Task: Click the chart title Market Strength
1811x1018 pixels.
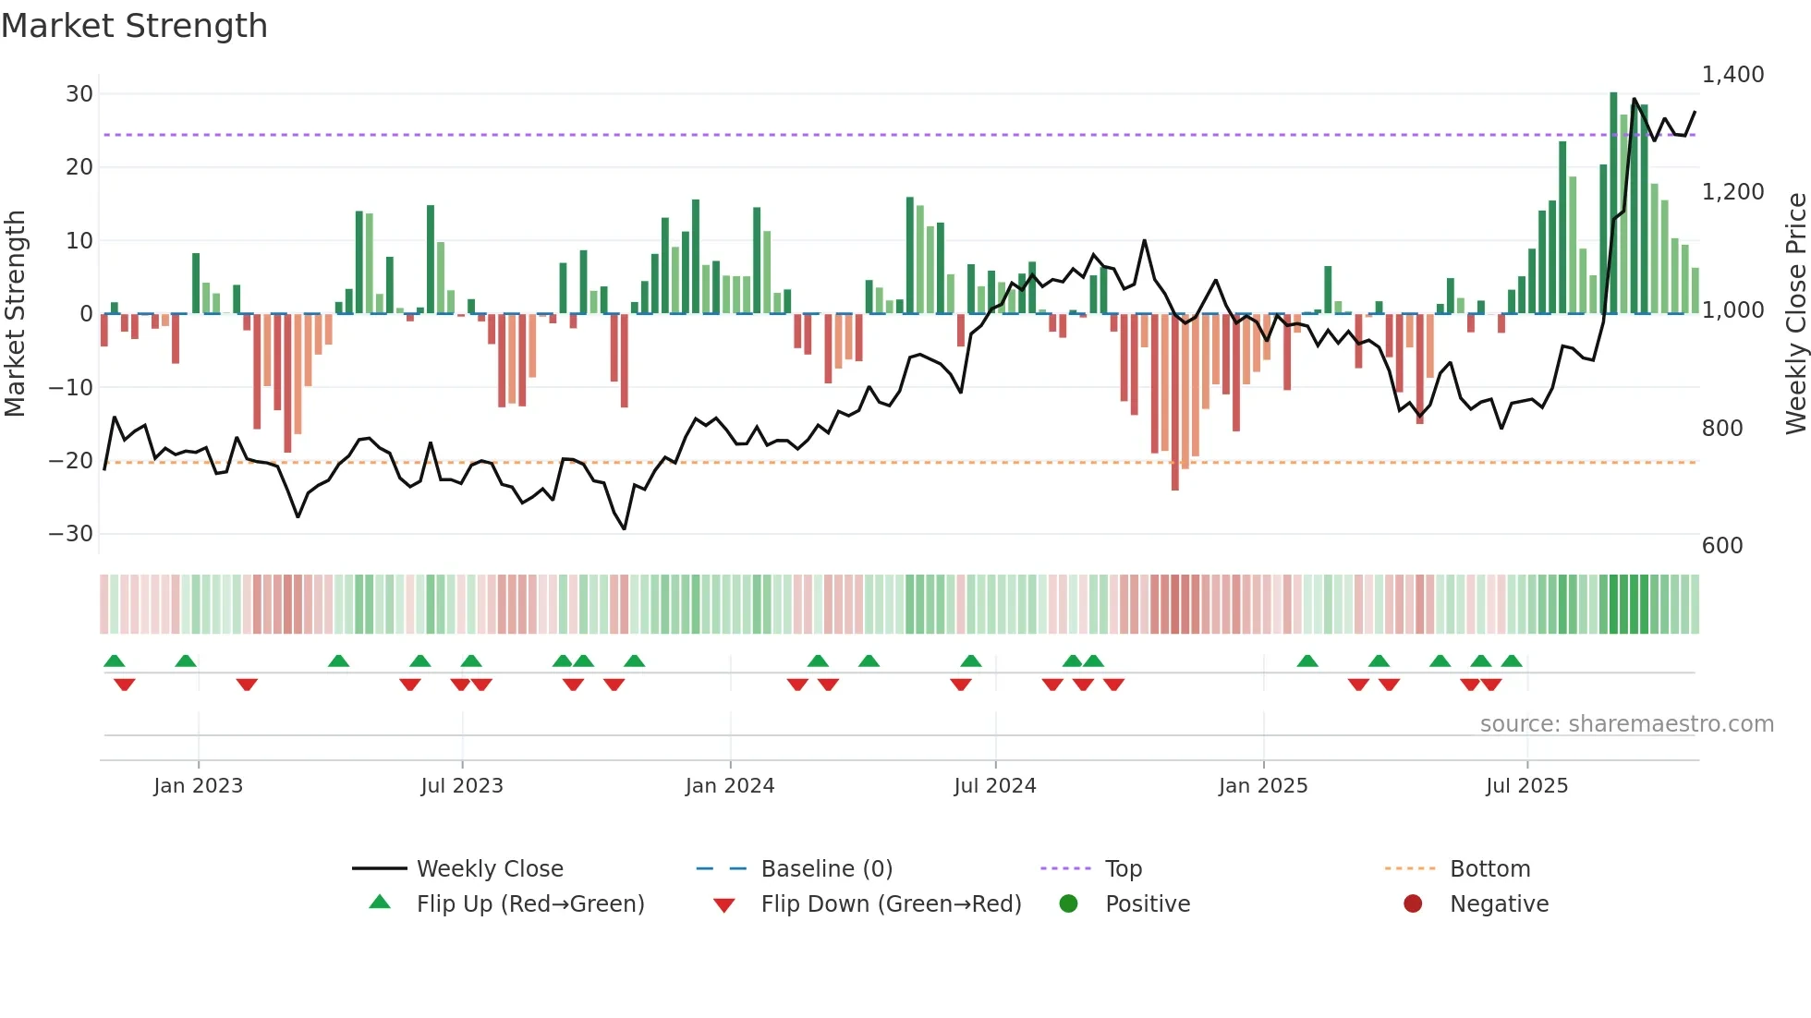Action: [134, 26]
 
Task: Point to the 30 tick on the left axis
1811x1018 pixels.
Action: [79, 94]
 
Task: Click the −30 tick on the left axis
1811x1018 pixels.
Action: [71, 534]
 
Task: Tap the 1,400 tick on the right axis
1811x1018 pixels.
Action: [1732, 75]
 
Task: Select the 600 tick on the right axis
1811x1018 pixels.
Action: [1722, 546]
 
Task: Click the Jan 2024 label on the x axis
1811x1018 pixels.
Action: [729, 786]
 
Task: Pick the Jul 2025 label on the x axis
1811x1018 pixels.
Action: [1526, 786]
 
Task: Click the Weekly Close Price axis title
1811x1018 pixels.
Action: [1795, 314]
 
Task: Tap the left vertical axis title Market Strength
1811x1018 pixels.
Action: [16, 314]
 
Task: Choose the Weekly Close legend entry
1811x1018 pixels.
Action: [489, 869]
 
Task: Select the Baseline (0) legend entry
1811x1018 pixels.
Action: [826, 869]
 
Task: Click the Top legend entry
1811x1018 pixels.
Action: [1124, 869]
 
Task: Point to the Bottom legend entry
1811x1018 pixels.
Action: [1489, 869]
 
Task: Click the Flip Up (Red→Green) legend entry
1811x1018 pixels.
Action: [529, 904]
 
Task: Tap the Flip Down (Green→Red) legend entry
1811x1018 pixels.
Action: [891, 904]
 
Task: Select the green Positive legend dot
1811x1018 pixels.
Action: [1068, 904]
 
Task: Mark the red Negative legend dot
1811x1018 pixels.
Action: [1413, 904]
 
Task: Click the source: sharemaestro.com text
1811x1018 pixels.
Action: [1626, 724]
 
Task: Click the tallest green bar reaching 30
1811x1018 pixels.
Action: [1613, 203]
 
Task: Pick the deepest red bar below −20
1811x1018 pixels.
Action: [1175, 402]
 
